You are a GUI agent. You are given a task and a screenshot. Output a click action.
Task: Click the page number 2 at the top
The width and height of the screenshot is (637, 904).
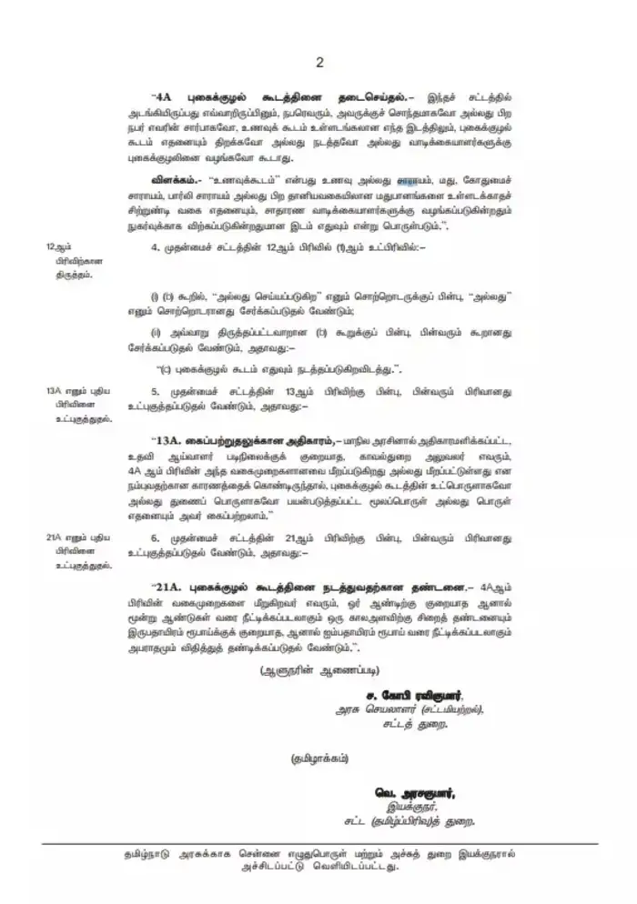pos(319,62)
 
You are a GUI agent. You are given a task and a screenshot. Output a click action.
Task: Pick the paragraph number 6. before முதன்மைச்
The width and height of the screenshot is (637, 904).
pos(156,538)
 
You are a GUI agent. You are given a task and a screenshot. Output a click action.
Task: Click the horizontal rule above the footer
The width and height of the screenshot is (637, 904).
pos(318,844)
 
